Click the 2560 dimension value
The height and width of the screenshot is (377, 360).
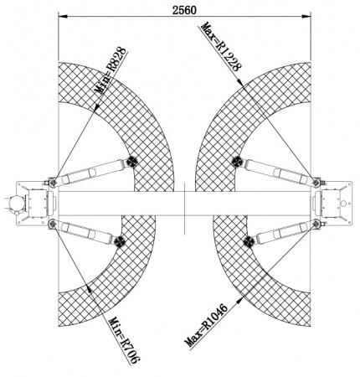click(184, 10)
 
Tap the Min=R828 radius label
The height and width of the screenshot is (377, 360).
click(111, 71)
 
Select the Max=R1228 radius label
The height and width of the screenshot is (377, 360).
click(221, 47)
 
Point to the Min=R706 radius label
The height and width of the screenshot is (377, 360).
click(124, 340)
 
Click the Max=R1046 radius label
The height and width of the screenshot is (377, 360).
click(206, 325)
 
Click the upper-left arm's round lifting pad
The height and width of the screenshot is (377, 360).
click(131, 162)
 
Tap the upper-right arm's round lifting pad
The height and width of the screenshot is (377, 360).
click(237, 162)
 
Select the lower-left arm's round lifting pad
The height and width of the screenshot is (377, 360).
click(119, 240)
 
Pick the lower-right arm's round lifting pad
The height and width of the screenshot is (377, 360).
click(249, 240)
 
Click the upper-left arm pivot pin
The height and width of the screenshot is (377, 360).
click(53, 183)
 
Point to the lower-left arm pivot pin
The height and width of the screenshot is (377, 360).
click(52, 223)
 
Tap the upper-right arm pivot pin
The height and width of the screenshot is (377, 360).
click(316, 183)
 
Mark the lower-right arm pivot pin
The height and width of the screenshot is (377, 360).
click(316, 223)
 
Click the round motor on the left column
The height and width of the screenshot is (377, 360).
click(15, 203)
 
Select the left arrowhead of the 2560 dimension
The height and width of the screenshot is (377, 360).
click(63, 17)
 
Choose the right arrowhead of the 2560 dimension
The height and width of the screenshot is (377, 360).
click(306, 17)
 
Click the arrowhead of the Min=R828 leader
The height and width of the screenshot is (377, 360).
click(97, 107)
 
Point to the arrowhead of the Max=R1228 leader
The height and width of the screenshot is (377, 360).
click(240, 81)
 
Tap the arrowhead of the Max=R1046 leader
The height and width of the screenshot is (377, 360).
click(239, 301)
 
